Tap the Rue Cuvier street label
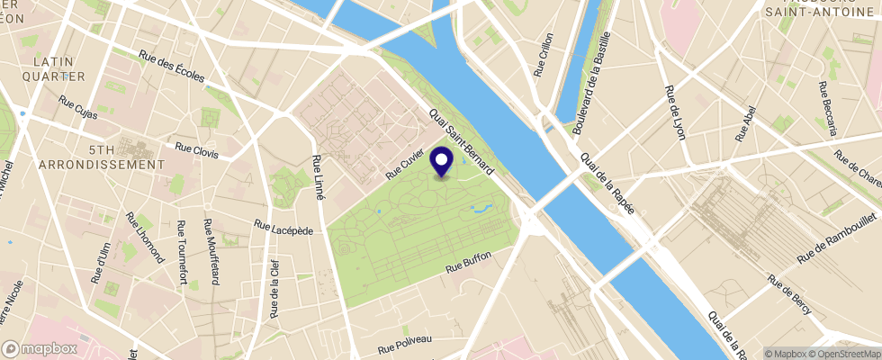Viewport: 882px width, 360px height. click(x=404, y=163)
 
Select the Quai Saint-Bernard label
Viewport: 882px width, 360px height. click(x=462, y=143)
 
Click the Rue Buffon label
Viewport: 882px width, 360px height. click(x=470, y=263)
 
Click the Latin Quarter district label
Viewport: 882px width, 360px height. click(x=58, y=69)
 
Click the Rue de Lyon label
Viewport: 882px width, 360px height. click(x=672, y=112)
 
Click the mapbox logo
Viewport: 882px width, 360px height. click(x=40, y=348)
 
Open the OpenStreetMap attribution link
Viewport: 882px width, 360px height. click(x=845, y=353)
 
